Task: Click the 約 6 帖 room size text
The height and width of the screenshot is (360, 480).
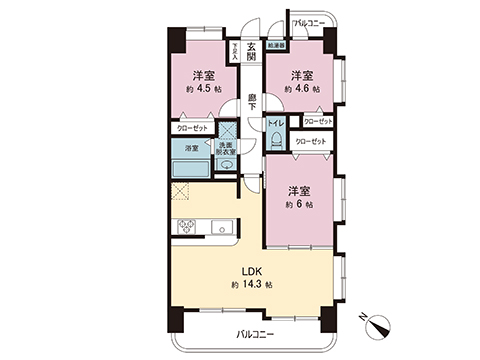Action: click(299, 204)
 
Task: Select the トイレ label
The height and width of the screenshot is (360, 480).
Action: click(275, 124)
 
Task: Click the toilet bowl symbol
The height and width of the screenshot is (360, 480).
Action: click(276, 141)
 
